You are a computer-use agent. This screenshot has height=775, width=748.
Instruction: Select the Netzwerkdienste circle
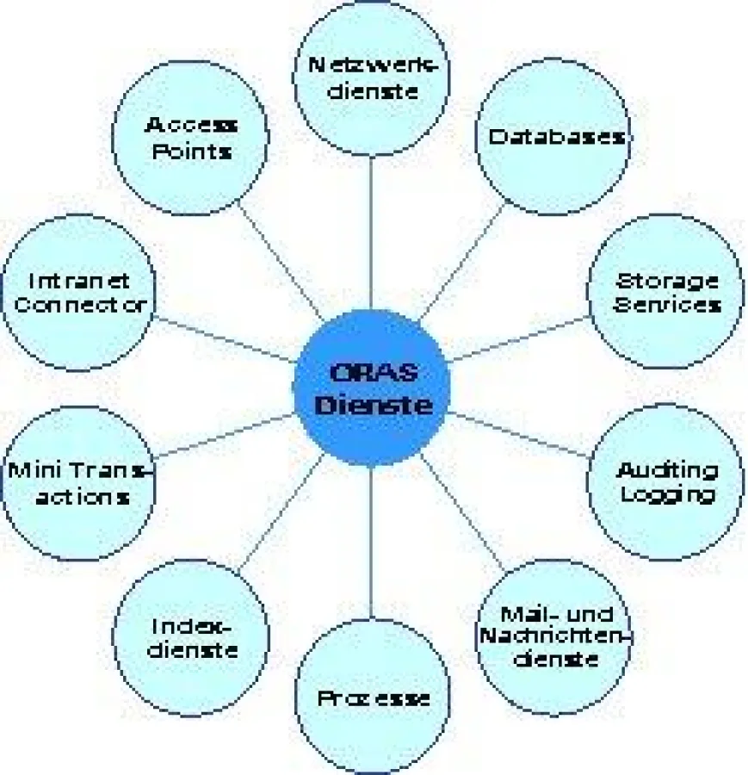point(371,76)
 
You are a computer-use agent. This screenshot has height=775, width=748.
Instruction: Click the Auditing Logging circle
point(665,482)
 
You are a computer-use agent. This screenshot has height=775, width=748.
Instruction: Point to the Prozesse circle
point(372,697)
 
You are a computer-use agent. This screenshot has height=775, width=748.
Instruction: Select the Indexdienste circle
point(191,637)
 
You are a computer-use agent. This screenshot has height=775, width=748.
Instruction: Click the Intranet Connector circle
point(78,293)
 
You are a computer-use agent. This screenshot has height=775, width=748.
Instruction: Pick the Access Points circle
point(190,138)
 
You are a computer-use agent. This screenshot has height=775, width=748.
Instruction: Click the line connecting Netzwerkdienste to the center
point(371,232)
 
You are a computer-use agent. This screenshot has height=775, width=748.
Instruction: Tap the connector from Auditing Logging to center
point(516,434)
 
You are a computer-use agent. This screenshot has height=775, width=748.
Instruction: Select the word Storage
point(667,281)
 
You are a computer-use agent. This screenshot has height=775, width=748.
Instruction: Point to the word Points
point(190,151)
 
